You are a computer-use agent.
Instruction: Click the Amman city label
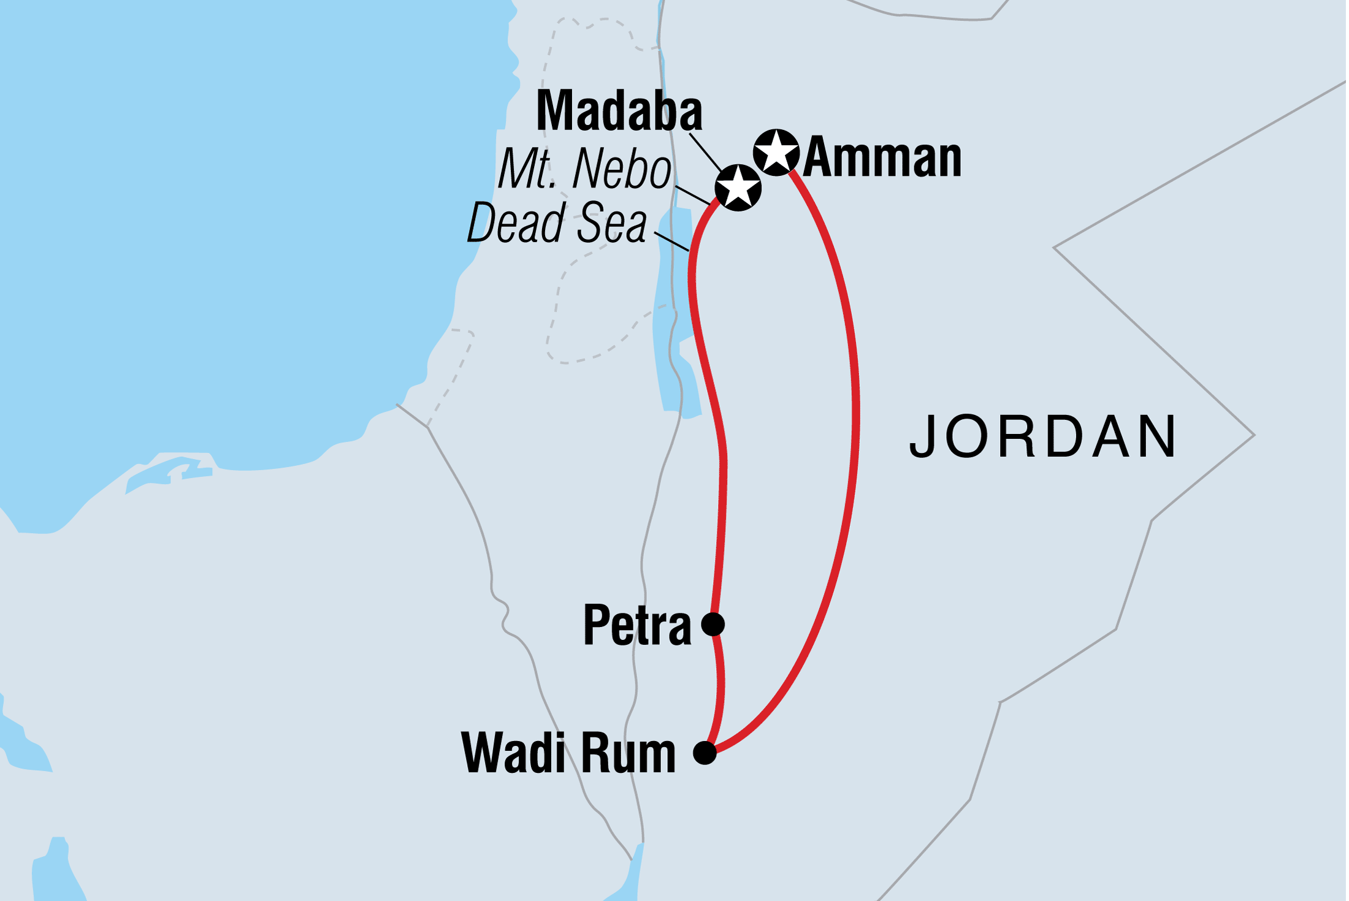(882, 159)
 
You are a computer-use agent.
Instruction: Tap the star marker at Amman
(776, 152)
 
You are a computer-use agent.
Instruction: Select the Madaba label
(619, 112)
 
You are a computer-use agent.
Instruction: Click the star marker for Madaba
(738, 187)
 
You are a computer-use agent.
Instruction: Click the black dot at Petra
(713, 625)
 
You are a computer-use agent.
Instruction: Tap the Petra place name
(637, 626)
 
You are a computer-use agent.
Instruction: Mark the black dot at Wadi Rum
(705, 753)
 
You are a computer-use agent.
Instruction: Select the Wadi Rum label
(568, 753)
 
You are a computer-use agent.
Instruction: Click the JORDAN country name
(1042, 437)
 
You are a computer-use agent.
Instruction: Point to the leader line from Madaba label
(705, 151)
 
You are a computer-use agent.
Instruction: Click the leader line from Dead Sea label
(672, 241)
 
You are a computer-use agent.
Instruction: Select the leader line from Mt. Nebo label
(693, 194)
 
